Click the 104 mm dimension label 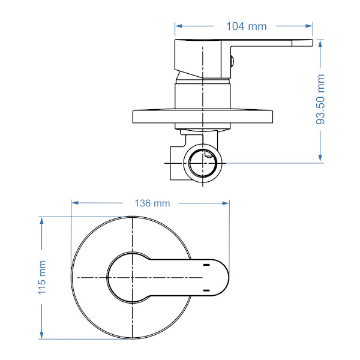tap(246, 26)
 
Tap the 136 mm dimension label tap(152, 203)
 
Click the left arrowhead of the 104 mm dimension tap(178, 26)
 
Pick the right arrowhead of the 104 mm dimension tap(310, 26)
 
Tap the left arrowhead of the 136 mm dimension tap(74, 203)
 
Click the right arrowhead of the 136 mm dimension tap(227, 203)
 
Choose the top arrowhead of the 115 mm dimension tap(42, 220)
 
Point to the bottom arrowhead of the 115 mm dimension tap(42, 335)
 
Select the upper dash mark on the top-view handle tap(206, 265)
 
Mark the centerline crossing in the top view tap(132, 277)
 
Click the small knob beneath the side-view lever tap(233, 59)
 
